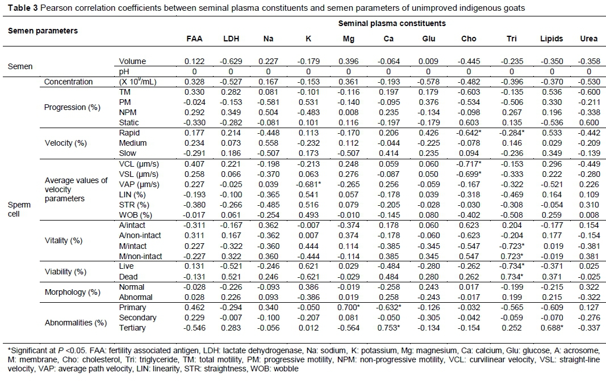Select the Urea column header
(588, 39)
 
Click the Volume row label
(132, 61)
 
